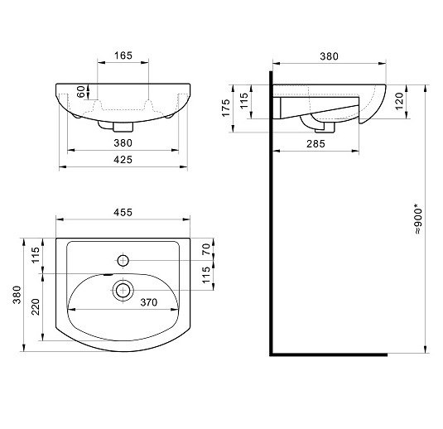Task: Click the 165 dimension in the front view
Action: coord(123,55)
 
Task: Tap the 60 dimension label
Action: coord(81,92)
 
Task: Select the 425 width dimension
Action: coord(123,160)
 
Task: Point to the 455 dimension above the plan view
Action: coord(123,212)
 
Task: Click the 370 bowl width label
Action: coord(148,302)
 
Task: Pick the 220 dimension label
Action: coord(36,307)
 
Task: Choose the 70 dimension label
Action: coord(206,249)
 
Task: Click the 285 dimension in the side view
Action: coord(315,144)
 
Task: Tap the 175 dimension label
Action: coord(226,108)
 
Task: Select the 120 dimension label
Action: coord(399,101)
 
